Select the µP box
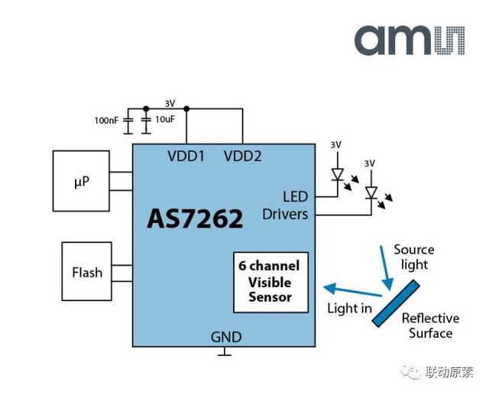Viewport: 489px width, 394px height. (x=81, y=181)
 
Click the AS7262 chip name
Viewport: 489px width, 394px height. (x=195, y=218)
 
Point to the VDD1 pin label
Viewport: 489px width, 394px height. (x=186, y=157)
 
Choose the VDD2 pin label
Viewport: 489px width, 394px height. (x=242, y=157)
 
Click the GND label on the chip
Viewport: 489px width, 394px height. (x=225, y=337)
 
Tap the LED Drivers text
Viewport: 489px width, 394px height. (x=285, y=205)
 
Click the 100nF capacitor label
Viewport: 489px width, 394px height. (x=107, y=121)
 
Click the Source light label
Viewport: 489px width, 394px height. (x=413, y=257)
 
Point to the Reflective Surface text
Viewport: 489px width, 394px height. (x=430, y=325)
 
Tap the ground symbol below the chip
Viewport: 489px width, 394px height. (x=225, y=354)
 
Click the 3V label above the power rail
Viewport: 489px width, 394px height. (x=170, y=103)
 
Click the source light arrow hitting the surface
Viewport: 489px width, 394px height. (x=383, y=271)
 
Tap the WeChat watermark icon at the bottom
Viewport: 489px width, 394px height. (x=413, y=373)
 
